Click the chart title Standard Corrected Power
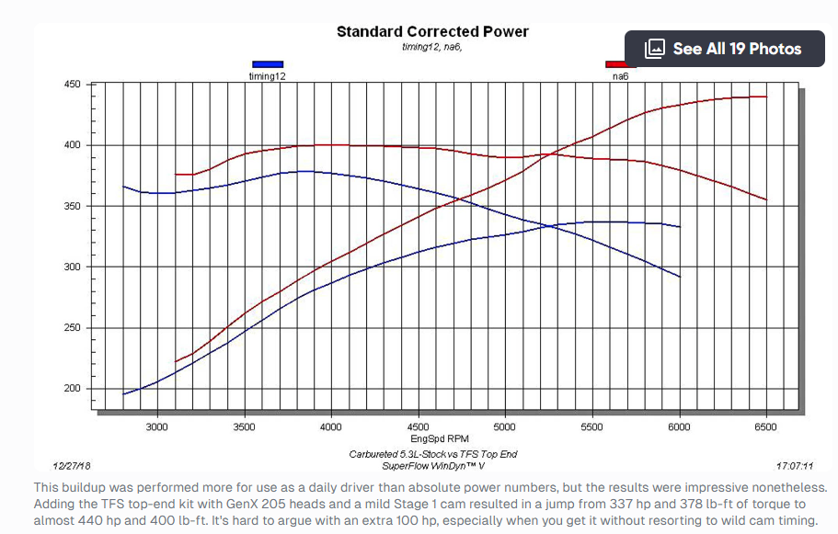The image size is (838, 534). pos(432,32)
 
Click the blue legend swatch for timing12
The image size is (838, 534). pos(267,64)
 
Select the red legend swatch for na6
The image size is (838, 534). pos(614,64)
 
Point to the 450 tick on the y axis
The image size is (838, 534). pos(71,85)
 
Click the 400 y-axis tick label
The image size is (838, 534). pos(71,145)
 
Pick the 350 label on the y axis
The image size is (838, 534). pos(71,207)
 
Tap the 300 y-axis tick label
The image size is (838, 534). pos(71,267)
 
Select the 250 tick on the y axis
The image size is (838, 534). pos(71,328)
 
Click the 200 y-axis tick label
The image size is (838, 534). pos(71,389)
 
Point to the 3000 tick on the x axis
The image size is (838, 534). pos(157,427)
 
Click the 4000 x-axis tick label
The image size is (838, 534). pos(331,427)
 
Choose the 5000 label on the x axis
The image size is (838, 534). pos(505,427)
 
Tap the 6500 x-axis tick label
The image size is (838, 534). pos(765,427)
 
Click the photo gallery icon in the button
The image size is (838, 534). pos(655,49)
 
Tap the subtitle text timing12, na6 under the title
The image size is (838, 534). pos(432,47)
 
